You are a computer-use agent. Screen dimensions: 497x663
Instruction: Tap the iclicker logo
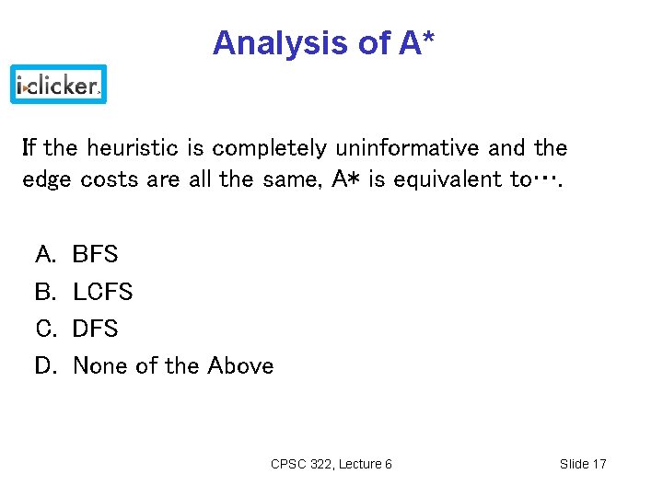59,86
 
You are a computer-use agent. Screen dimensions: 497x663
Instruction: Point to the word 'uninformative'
406,148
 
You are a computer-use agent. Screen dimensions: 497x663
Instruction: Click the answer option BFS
95,255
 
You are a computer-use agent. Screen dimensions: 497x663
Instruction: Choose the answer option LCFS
102,293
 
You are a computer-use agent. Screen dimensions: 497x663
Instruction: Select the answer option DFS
95,329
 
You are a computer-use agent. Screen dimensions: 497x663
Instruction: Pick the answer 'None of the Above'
173,366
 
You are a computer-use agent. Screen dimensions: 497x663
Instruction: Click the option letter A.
44,255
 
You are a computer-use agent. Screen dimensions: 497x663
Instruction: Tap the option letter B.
44,293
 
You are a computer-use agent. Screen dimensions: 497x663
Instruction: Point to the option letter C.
44,329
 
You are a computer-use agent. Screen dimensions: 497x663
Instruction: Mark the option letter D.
44,366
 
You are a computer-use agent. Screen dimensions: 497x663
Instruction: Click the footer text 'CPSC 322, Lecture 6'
331,464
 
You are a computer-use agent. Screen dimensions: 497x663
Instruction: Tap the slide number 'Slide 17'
583,464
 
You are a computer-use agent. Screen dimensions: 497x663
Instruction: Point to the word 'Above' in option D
240,366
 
